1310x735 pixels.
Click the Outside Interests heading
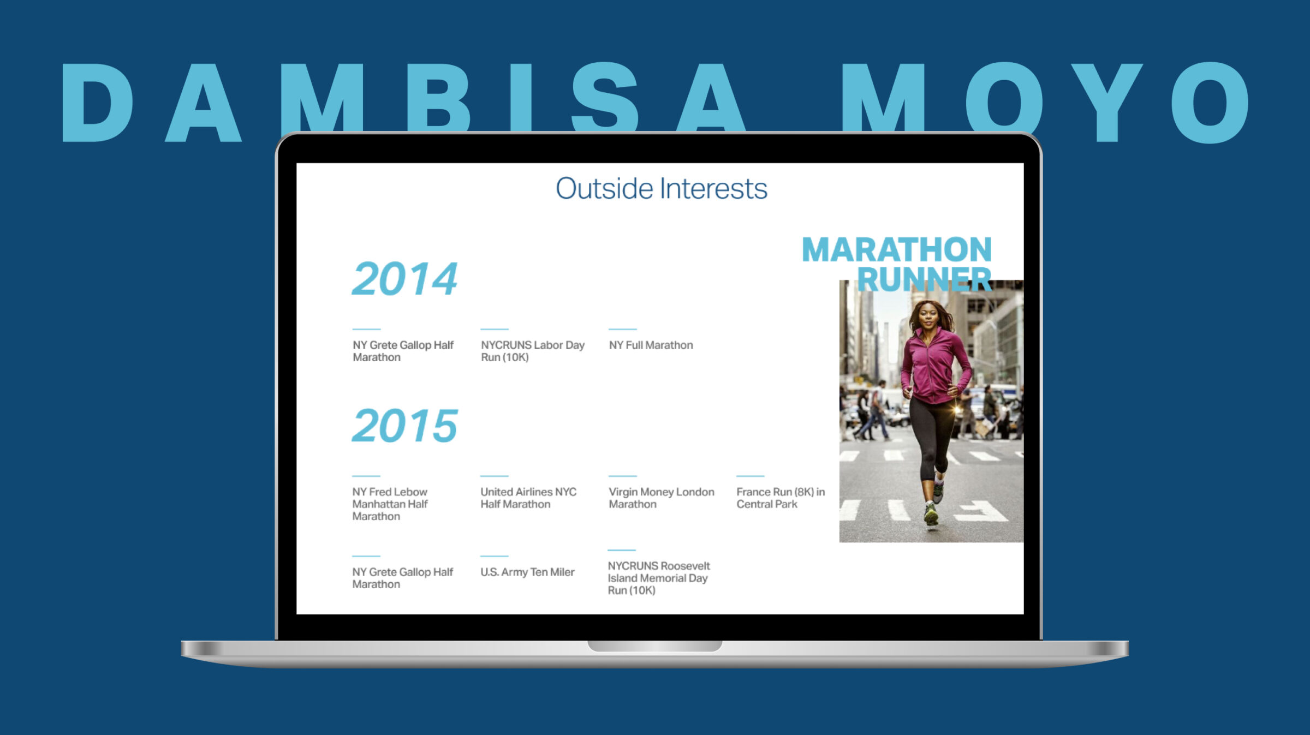662,189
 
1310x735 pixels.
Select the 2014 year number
404,279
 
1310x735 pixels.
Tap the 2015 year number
404,426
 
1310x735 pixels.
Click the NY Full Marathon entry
651,345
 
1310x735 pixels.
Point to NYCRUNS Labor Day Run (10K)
533,351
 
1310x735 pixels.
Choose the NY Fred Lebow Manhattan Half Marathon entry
390,504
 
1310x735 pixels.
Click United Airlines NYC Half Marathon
528,498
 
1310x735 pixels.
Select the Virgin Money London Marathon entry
661,498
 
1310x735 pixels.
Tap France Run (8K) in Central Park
781,498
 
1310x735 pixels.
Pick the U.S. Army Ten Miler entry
527,572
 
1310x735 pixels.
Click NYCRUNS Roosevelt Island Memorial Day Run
659,578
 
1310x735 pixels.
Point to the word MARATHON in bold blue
897,249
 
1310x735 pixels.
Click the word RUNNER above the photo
924,279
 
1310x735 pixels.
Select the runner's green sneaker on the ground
931,516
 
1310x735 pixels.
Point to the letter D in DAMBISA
98,102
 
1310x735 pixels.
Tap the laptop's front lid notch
655,646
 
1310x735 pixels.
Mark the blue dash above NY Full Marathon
623,329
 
